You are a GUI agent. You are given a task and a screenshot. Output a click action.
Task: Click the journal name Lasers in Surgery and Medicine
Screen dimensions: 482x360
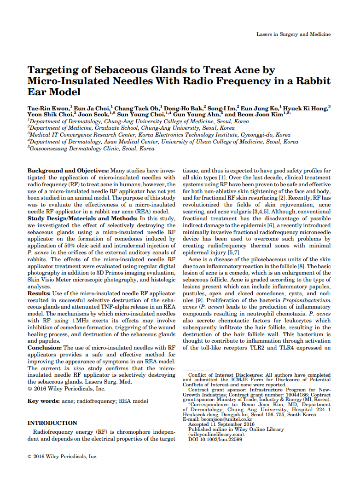[x=293, y=34]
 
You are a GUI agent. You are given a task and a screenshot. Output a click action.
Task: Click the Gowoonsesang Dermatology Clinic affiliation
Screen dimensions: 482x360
[x=92, y=149]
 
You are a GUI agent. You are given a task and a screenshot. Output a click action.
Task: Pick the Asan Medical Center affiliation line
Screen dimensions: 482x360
[x=163, y=142]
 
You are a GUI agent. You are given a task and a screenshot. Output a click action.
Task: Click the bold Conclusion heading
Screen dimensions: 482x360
[x=44, y=348]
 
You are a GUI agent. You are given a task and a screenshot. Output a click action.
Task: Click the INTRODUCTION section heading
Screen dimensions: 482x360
[x=52, y=423]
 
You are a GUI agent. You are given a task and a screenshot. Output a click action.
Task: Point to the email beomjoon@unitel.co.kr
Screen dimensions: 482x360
[x=225, y=419]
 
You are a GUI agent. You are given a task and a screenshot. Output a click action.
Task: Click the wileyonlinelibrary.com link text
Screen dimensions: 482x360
[x=216, y=434]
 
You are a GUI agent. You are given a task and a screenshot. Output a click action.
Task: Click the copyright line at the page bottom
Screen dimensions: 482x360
[x=63, y=457]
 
